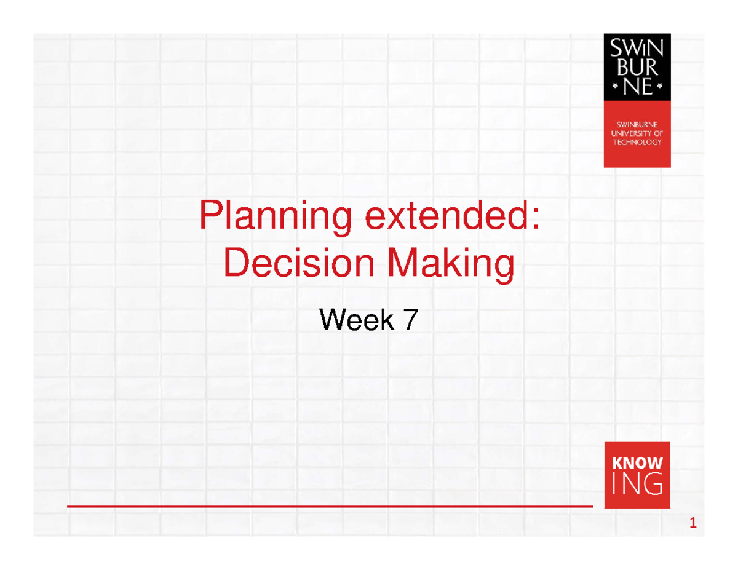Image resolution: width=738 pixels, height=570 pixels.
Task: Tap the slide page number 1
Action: point(692,524)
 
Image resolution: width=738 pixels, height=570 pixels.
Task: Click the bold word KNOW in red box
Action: point(637,462)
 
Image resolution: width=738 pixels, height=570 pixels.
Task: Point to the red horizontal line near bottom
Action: point(329,507)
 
